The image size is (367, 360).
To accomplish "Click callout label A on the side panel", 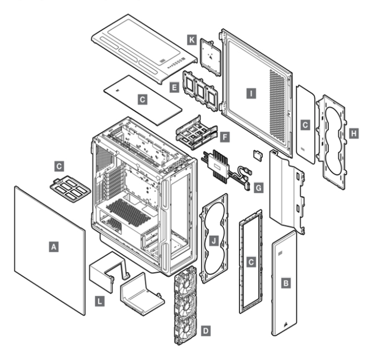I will [x=54, y=246].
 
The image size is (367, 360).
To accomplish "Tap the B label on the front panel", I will [x=286, y=284].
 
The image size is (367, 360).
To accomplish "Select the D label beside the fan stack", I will [x=205, y=330].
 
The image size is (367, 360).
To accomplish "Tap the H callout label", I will [x=354, y=135].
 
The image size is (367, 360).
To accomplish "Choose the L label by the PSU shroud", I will [x=99, y=301].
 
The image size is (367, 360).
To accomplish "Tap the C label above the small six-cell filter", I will [x=59, y=166].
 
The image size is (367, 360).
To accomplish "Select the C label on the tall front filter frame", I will [x=250, y=261].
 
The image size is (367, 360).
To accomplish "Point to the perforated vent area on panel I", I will [x=279, y=106].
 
